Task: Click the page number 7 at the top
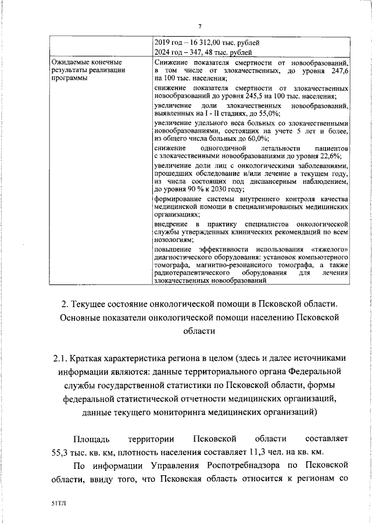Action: [199, 26]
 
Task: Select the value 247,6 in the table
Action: [338, 70]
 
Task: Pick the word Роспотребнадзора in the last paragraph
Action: [240, 466]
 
